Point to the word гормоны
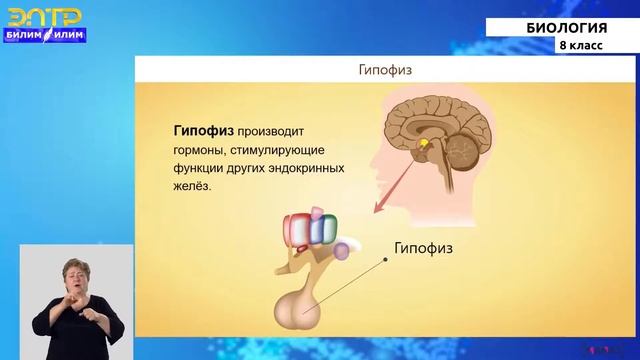coord(199,149)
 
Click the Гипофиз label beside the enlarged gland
coord(424,247)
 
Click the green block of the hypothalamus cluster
coord(324,233)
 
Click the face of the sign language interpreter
coord(76,274)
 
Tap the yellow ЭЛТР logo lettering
coord(44,16)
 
